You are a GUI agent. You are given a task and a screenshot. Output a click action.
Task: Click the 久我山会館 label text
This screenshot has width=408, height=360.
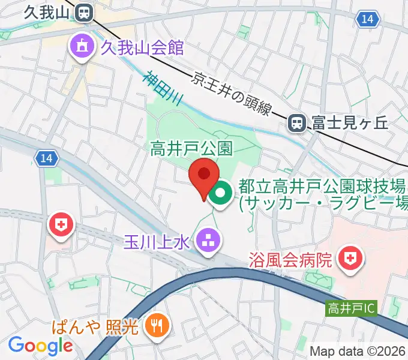[142, 46]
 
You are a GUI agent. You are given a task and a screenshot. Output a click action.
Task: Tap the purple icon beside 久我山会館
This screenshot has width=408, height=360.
[80, 46]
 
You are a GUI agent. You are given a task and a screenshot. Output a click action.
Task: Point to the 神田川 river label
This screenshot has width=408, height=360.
[163, 90]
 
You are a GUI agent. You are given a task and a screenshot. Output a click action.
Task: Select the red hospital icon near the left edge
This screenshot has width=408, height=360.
[61, 226]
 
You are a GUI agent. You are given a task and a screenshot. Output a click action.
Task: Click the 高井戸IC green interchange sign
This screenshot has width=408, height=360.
[352, 309]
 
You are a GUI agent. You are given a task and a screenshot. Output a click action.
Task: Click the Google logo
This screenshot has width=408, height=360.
[40, 346]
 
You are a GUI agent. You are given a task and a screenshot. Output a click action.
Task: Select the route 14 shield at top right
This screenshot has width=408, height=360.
[368, 20]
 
